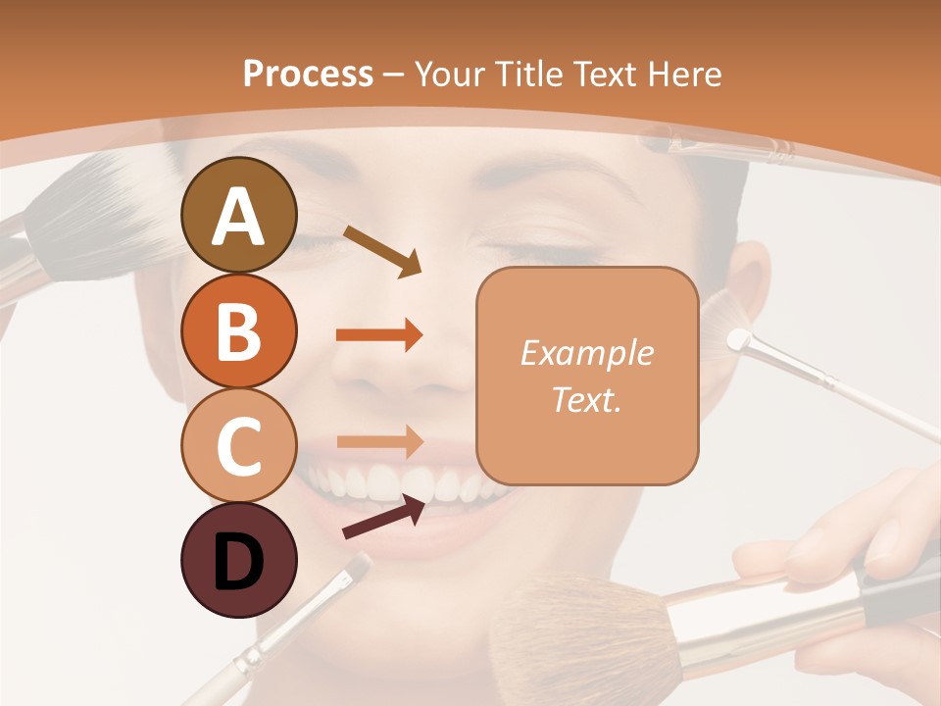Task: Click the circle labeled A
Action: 238,215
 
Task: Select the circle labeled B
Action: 238,330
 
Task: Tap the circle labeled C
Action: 238,445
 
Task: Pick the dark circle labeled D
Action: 238,560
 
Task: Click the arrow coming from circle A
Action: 382,251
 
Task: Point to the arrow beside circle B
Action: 379,334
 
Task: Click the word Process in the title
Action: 308,74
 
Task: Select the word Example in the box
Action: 586,353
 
